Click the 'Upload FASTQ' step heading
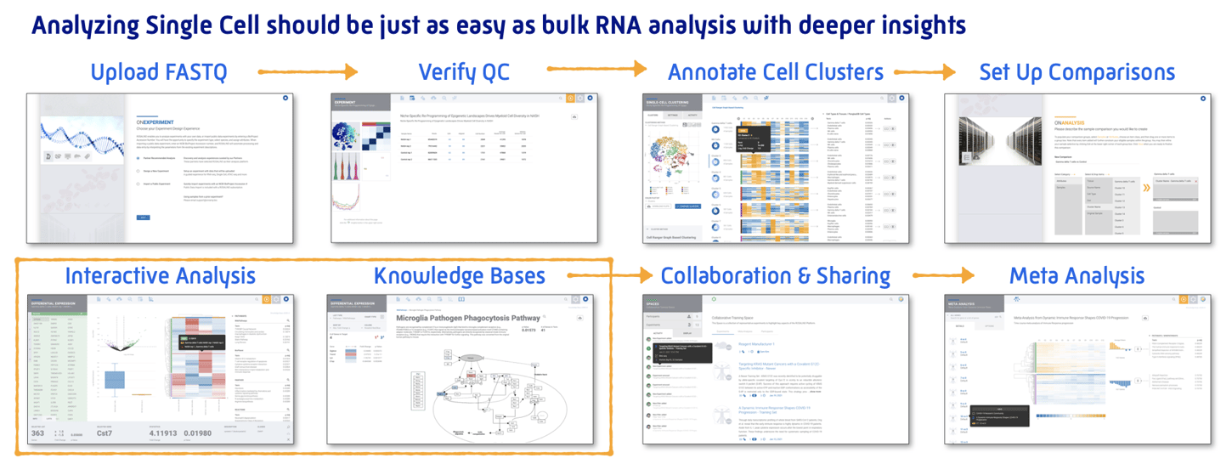(x=159, y=72)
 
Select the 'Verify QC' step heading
(x=464, y=72)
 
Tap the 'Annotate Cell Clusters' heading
(x=775, y=72)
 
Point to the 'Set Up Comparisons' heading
(x=1077, y=72)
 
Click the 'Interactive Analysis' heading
(x=160, y=275)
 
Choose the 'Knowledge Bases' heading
(x=460, y=275)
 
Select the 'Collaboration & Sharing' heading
(x=775, y=275)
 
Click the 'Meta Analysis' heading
(x=1077, y=275)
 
